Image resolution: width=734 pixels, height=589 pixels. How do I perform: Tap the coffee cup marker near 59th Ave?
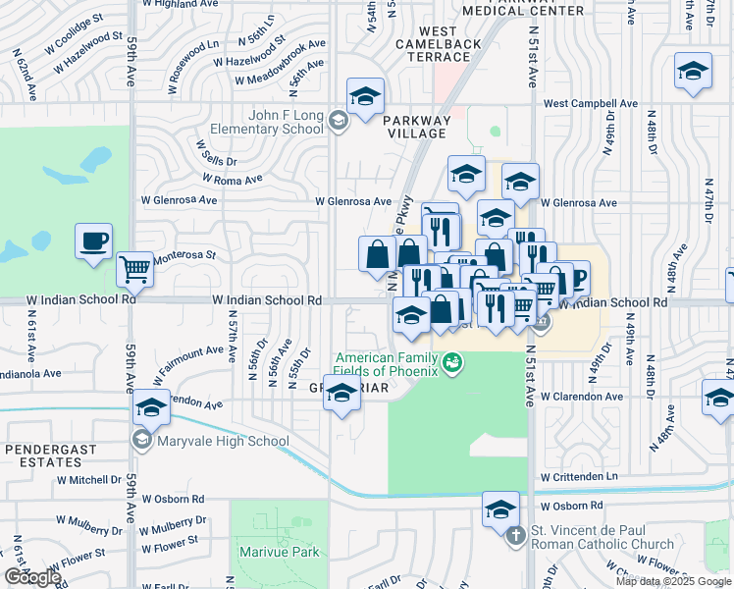[94, 241]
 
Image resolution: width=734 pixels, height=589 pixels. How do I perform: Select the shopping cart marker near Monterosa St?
[134, 268]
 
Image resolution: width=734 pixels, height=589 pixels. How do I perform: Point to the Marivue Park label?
[280, 552]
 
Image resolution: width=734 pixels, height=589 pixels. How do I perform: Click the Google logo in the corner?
[32, 577]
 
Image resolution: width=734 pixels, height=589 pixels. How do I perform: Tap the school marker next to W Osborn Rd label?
[500, 509]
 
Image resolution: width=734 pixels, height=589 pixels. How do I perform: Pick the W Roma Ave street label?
[233, 180]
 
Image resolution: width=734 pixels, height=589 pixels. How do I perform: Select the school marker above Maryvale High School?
[151, 407]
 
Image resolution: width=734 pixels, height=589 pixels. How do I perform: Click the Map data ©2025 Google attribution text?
[673, 581]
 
